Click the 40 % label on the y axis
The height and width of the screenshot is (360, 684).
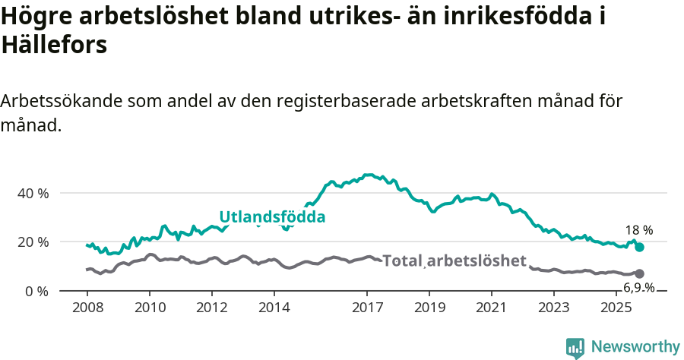33,193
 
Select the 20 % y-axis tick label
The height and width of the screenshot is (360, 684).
33,242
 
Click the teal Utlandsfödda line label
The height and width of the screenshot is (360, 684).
272,217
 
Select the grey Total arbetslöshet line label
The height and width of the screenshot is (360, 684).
454,261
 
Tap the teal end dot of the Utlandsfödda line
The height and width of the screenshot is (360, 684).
640,247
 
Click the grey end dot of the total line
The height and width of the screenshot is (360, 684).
640,273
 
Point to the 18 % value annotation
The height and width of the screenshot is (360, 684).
639,230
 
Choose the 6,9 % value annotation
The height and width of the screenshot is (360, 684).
639,287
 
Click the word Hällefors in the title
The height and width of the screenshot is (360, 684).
54,46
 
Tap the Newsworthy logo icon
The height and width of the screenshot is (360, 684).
575,347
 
